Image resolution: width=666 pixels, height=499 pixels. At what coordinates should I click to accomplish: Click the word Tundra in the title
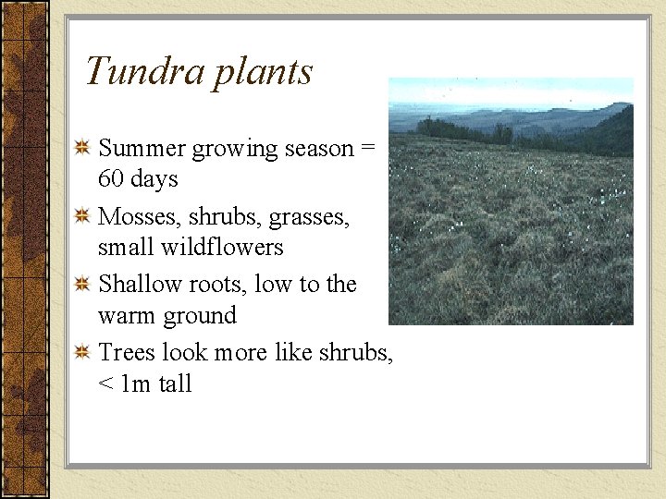click(144, 71)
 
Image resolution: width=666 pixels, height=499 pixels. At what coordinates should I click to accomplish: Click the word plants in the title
click(263, 73)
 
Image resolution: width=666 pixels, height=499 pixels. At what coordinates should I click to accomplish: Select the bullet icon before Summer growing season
click(81, 147)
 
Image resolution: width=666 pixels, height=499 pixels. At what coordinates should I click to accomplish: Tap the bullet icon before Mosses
click(81, 215)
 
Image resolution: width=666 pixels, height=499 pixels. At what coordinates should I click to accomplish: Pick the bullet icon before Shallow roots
click(81, 284)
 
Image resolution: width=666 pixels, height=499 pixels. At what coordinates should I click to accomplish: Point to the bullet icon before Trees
click(81, 352)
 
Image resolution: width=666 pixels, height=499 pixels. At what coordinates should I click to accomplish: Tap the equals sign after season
click(368, 149)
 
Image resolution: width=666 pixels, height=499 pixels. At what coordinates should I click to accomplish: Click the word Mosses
click(139, 216)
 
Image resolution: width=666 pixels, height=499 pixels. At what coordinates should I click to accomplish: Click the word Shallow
click(140, 285)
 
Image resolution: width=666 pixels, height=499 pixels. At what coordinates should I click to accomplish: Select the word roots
click(217, 285)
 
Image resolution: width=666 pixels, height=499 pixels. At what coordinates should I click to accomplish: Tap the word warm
click(128, 316)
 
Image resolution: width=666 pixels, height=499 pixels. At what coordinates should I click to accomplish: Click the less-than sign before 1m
click(105, 384)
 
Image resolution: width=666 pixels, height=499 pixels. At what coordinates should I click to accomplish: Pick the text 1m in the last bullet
click(136, 383)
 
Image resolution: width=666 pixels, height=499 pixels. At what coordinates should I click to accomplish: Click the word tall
click(175, 383)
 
